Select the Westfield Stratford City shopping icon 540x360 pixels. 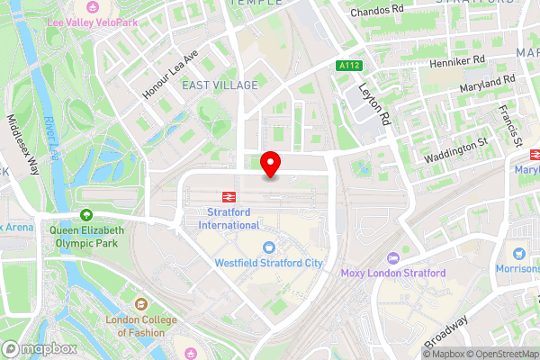coord(268,247)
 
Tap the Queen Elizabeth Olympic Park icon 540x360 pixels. coord(86,215)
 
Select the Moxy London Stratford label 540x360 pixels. coord(392,273)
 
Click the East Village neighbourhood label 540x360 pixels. coord(220,85)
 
